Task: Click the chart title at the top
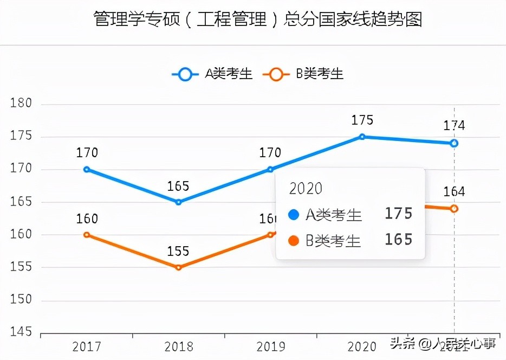click(x=257, y=20)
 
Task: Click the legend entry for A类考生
click(x=212, y=74)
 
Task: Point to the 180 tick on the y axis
click(x=21, y=104)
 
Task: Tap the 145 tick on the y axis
click(x=21, y=332)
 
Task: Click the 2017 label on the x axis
click(x=87, y=346)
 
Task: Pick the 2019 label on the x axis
click(x=270, y=346)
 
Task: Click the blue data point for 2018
click(x=179, y=202)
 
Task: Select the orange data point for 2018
click(x=179, y=267)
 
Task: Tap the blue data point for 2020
click(x=362, y=137)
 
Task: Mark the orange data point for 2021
click(x=454, y=208)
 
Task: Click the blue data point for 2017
click(x=87, y=169)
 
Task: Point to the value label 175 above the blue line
click(x=362, y=120)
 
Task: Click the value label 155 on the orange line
click(x=178, y=252)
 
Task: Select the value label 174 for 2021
click(x=454, y=126)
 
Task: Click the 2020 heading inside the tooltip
click(x=306, y=188)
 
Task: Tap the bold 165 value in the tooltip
click(x=399, y=240)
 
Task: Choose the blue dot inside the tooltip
click(x=294, y=215)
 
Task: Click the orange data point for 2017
click(x=87, y=235)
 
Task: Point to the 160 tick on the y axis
click(x=21, y=235)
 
